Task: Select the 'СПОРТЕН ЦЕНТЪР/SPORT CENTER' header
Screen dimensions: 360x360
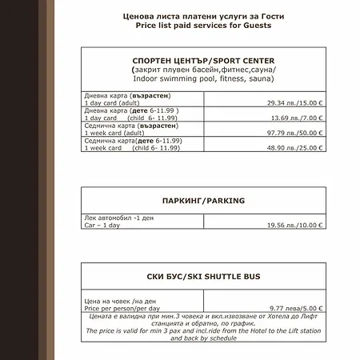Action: (x=203, y=61)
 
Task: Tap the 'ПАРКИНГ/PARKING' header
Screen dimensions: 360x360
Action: (x=203, y=201)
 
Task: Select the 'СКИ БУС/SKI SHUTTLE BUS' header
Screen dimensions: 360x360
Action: (x=203, y=276)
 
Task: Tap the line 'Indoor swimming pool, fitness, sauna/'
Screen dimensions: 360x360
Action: (x=203, y=78)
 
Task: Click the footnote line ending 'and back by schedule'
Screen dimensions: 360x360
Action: (x=203, y=338)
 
